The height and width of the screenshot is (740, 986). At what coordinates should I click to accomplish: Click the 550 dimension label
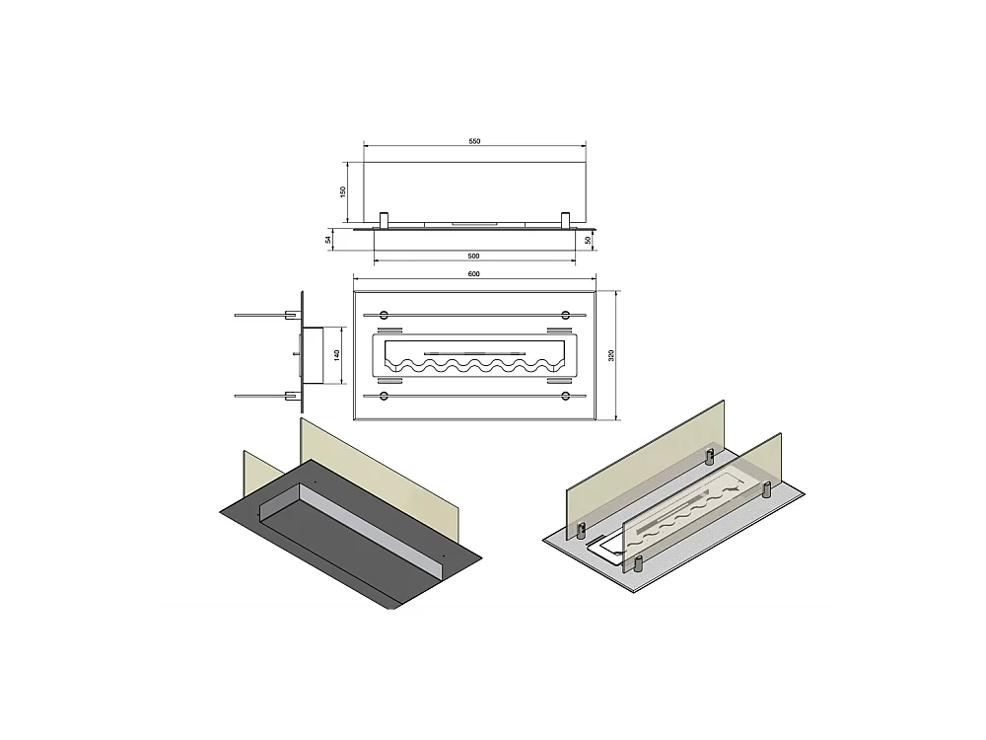[x=473, y=142]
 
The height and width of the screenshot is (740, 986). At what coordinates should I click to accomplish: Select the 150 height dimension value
[x=343, y=191]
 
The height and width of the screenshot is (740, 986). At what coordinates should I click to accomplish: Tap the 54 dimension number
[x=329, y=238]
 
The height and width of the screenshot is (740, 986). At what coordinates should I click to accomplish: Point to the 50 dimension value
[x=588, y=239]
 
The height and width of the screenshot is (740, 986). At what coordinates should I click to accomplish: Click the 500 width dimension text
[x=473, y=256]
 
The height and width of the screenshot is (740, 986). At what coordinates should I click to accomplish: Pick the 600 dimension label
[x=473, y=275]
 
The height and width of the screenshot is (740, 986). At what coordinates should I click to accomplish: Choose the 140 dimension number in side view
[x=336, y=354]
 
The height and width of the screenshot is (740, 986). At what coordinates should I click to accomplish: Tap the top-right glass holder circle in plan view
[x=565, y=315]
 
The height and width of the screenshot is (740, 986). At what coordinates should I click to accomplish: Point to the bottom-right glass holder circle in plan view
[x=565, y=396]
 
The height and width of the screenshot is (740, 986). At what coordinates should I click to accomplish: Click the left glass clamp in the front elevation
[x=385, y=218]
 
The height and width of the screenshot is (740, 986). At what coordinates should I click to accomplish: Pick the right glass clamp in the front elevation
[x=565, y=218]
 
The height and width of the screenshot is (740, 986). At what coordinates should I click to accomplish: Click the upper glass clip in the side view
[x=291, y=315]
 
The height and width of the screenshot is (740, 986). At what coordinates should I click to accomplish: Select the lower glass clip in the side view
[x=291, y=396]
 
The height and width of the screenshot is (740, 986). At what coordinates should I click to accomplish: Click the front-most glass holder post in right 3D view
[x=637, y=562]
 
